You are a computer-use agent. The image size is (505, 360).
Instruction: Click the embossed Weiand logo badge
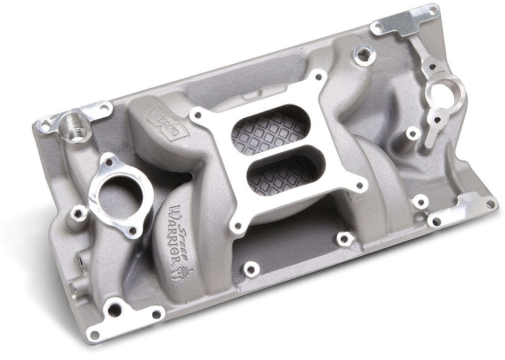tap(169, 123)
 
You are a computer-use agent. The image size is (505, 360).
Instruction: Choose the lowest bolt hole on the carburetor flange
tap(237, 225)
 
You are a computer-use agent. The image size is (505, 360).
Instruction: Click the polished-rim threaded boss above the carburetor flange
tap(365, 52)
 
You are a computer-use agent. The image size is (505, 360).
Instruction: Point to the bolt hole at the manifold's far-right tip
tap(491, 205)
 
